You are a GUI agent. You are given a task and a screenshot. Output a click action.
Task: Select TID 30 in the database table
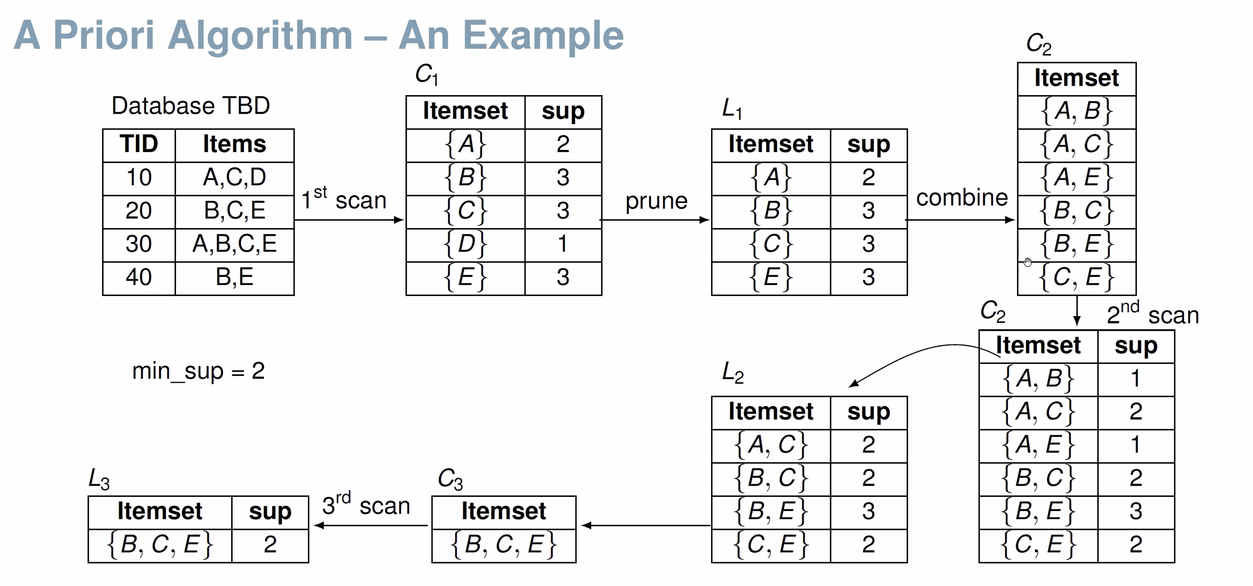[139, 244]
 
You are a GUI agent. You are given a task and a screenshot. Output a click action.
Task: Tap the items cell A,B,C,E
[234, 244]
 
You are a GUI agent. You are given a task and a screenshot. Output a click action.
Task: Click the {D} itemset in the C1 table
[465, 244]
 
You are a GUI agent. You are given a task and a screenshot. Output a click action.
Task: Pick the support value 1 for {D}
[563, 244]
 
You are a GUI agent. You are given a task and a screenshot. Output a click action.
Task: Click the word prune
[656, 201]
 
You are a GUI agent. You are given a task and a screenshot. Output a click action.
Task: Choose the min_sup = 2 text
[198, 371]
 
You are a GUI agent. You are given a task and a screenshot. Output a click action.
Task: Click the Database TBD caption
[191, 106]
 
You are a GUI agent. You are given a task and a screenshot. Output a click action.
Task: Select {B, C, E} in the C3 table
[503, 544]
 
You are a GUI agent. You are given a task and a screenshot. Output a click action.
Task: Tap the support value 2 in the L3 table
[270, 544]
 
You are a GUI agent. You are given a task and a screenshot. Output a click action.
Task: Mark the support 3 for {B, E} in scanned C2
[1136, 511]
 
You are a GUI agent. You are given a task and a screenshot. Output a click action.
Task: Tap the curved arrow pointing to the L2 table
[919, 355]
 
